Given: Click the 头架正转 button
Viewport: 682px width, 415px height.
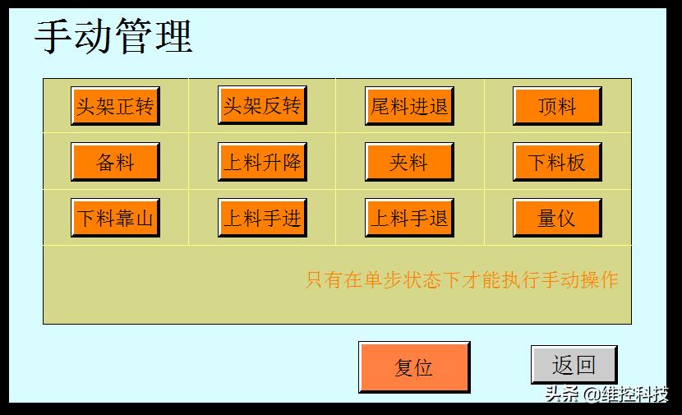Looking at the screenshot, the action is pyautogui.click(x=115, y=106).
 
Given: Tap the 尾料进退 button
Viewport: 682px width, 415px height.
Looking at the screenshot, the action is pyautogui.click(x=409, y=106).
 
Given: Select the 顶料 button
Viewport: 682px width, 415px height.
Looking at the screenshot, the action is pyautogui.click(x=557, y=106).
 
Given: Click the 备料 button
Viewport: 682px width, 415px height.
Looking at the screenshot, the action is pyautogui.click(x=115, y=162).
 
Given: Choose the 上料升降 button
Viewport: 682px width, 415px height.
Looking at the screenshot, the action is pyautogui.click(x=262, y=162).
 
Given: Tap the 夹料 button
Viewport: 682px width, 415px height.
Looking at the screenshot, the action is pyautogui.click(x=409, y=162).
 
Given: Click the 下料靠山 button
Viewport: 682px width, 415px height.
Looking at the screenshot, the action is pyautogui.click(x=115, y=218).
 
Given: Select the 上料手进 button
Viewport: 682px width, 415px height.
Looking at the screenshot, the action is pyautogui.click(x=262, y=218).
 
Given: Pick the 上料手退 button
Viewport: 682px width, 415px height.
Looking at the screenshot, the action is pyautogui.click(x=409, y=218).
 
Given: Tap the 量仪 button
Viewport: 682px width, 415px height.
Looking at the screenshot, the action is pyautogui.click(x=557, y=218).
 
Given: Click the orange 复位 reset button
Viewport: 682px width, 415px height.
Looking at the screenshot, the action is pyautogui.click(x=414, y=367).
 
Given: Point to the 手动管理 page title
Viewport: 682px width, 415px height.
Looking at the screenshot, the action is pyautogui.click(x=113, y=36).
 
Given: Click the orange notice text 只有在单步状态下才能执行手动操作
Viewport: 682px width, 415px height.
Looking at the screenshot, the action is pyautogui.click(x=462, y=280).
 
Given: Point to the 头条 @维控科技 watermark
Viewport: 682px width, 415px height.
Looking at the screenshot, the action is pyautogui.click(x=606, y=394).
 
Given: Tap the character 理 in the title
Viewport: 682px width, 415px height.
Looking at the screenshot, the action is pyautogui.click(x=173, y=36).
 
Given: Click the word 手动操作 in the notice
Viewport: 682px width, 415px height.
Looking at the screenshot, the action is pyautogui.click(x=579, y=280).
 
